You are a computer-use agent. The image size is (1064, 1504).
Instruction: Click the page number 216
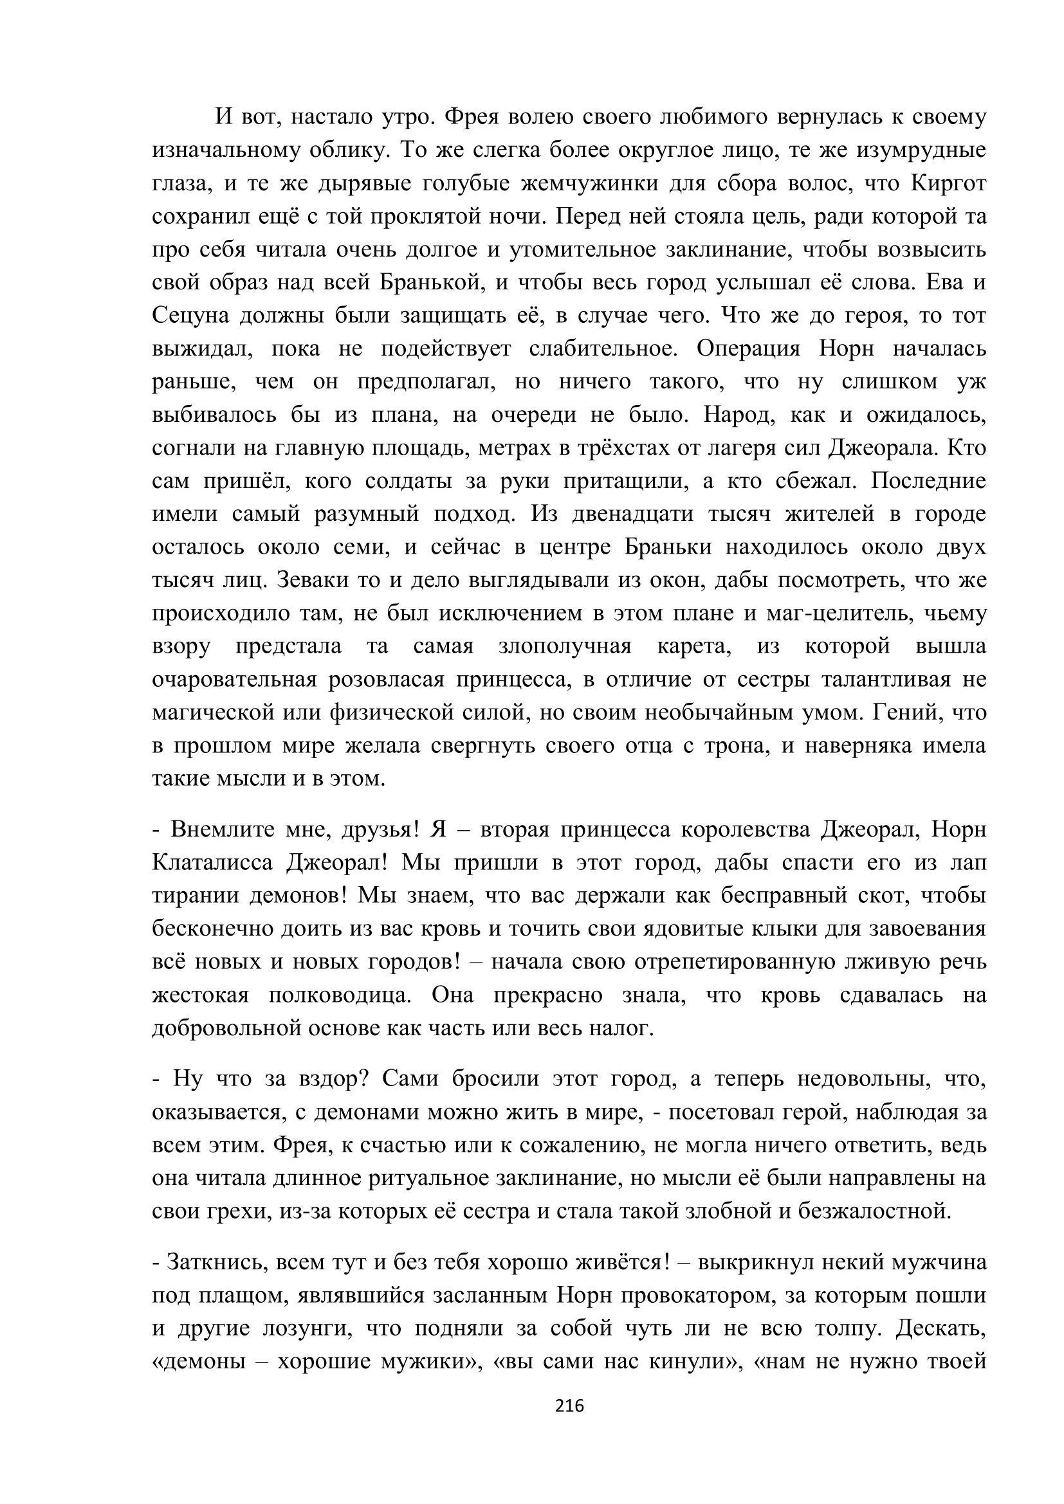coord(569,1405)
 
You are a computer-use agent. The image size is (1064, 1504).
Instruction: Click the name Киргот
coord(948,184)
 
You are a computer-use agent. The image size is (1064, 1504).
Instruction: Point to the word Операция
coord(748,349)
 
